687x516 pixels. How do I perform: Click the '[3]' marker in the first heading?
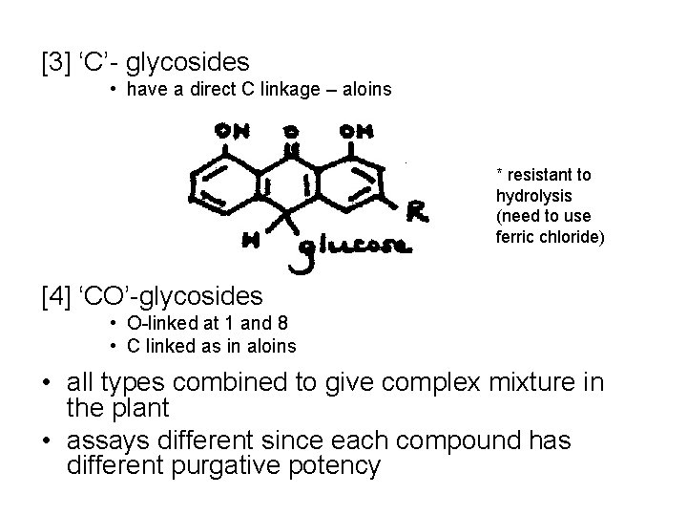(56, 63)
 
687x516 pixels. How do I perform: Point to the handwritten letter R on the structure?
(417, 211)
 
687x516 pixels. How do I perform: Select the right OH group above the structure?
(356, 131)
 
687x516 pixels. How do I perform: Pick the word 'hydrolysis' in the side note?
(529, 195)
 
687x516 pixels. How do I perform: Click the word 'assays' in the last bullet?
(110, 441)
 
